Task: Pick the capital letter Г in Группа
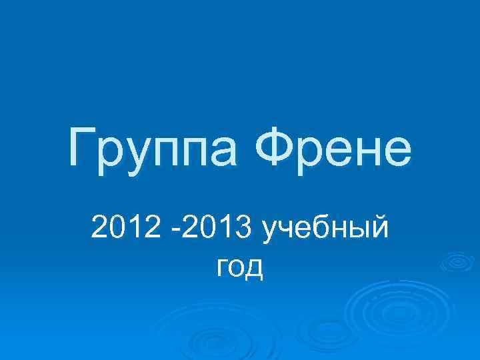(x=81, y=151)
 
